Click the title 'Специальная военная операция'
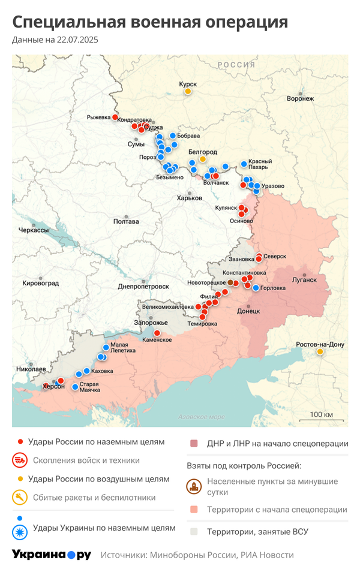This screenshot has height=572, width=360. tap(150, 22)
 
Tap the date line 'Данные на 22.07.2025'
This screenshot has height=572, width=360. tap(55, 40)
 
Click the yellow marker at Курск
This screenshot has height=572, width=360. tap(188, 91)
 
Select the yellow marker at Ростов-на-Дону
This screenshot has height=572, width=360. tap(320, 352)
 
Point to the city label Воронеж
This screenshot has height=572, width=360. tap(300, 98)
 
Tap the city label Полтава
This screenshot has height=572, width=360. tap(126, 221)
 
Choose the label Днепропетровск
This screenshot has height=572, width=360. tap(142, 287)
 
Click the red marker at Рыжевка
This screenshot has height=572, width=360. tap(115, 118)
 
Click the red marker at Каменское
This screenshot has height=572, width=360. tap(157, 333)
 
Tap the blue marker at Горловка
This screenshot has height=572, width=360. tap(256, 288)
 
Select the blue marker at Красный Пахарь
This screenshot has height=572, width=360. tap(244, 164)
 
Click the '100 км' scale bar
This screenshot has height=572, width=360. tap(321, 417)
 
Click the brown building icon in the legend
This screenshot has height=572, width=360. tap(193, 486)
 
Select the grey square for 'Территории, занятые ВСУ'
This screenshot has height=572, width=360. tap(193, 531)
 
